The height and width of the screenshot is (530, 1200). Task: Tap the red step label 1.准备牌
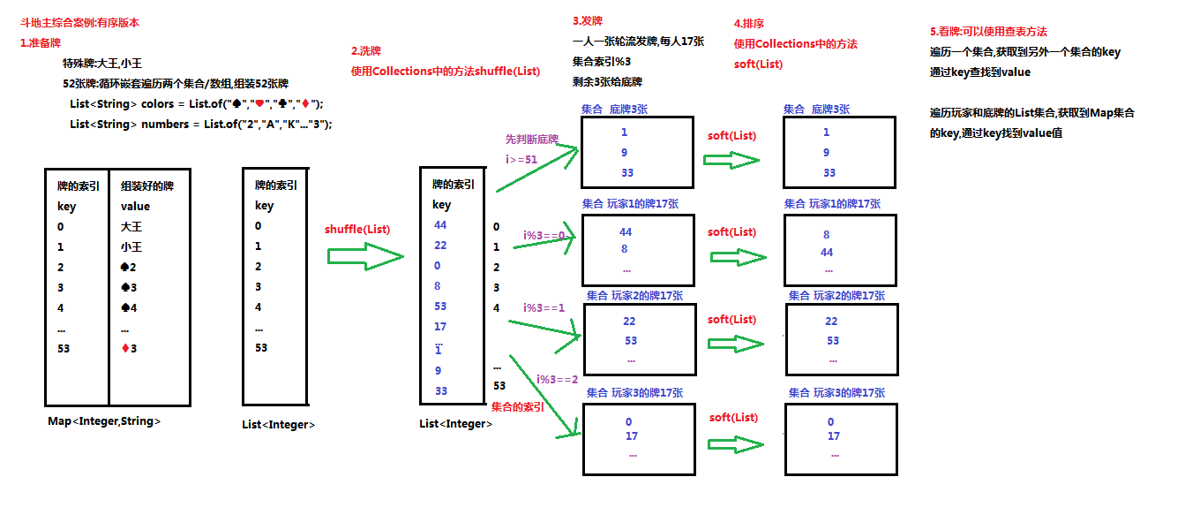click(x=41, y=43)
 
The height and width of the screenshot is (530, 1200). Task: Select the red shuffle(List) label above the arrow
click(x=357, y=229)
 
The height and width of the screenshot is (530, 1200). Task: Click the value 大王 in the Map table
click(x=131, y=227)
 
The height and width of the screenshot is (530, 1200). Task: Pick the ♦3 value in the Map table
click(x=129, y=349)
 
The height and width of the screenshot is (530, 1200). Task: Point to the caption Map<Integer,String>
click(x=104, y=421)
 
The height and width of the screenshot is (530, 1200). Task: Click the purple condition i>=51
click(x=521, y=159)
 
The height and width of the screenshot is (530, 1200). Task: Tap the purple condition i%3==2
click(x=557, y=379)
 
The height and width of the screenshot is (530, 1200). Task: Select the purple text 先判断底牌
click(x=531, y=140)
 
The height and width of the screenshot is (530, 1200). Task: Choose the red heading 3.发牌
click(x=588, y=21)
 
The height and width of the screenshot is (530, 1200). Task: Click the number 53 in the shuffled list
click(x=440, y=307)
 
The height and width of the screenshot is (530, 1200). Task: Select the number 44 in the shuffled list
click(x=440, y=225)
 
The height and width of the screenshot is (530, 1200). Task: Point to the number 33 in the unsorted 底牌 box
click(x=627, y=172)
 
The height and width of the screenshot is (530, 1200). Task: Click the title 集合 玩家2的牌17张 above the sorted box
click(x=836, y=295)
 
